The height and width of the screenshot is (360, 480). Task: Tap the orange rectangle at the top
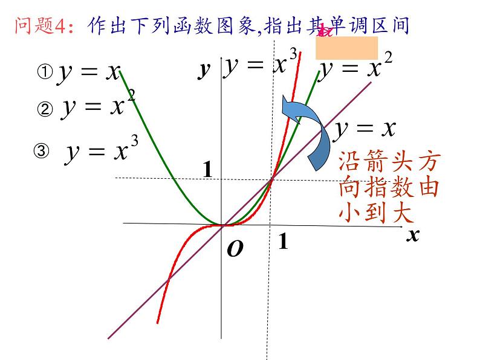pyautogui.click(x=347, y=48)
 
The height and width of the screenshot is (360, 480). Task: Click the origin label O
pyautogui.click(x=235, y=249)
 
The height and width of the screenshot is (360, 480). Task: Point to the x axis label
pyautogui.click(x=412, y=234)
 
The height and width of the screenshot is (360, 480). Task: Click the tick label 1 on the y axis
pyautogui.click(x=207, y=170)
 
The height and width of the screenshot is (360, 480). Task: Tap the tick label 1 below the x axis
pyautogui.click(x=282, y=242)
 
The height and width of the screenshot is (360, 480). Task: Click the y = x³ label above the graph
pyautogui.click(x=261, y=64)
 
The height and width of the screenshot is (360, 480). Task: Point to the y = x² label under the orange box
pyautogui.click(x=356, y=68)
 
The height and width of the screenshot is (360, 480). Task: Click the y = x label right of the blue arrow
pyautogui.click(x=365, y=128)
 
